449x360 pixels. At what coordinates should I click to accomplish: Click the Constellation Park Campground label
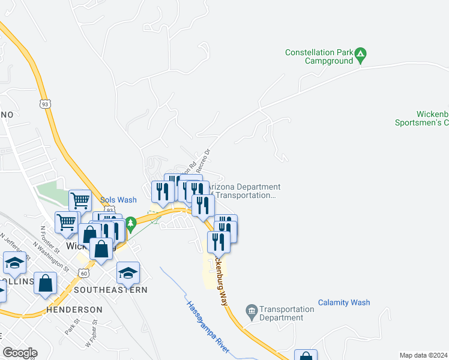(x=318, y=56)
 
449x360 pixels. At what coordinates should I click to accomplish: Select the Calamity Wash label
(x=344, y=303)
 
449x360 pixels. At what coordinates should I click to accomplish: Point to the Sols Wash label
(x=118, y=200)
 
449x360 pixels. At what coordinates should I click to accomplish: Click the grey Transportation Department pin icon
(x=252, y=311)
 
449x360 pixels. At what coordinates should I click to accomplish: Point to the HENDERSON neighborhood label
(x=75, y=310)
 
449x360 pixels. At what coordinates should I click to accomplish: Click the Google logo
(x=20, y=352)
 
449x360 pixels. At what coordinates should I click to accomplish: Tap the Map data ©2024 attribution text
(x=423, y=355)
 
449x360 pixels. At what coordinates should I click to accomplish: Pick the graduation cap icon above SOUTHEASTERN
(x=128, y=273)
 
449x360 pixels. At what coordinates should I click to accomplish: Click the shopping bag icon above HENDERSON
(x=46, y=283)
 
